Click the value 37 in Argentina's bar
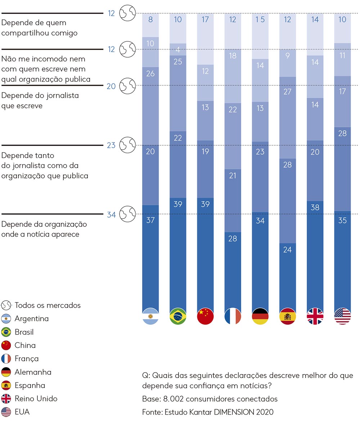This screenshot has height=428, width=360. (x=150, y=220)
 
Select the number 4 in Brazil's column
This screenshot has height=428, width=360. (x=178, y=50)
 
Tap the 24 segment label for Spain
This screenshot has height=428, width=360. (x=287, y=249)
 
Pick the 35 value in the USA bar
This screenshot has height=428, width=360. (x=342, y=220)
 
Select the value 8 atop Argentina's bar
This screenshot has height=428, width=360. (x=150, y=19)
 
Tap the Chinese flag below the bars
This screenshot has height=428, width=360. (x=205, y=316)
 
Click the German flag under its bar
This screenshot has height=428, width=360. (x=260, y=316)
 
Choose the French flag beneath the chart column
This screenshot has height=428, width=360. (x=233, y=316)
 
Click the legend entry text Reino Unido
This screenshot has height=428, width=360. (x=36, y=399)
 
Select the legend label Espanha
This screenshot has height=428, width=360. (x=30, y=385)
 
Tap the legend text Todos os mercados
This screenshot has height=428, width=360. (x=48, y=305)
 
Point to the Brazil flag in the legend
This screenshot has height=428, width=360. (x=6, y=332)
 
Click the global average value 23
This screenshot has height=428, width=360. (x=111, y=145)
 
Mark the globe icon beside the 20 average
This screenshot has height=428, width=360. (x=127, y=86)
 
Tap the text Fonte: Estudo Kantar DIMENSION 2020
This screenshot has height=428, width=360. (x=208, y=412)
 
